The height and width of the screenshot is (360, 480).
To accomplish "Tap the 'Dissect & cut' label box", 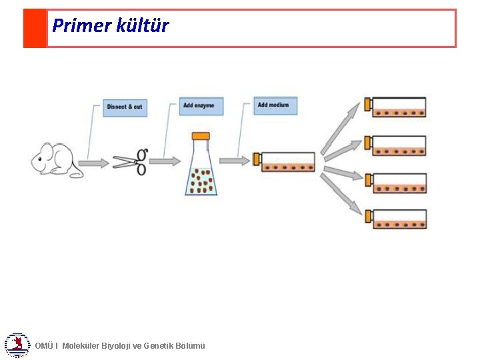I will (x=125, y=107).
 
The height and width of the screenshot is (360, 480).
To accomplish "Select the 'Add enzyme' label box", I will (x=201, y=106).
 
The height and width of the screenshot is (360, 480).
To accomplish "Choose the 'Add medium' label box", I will (x=275, y=105).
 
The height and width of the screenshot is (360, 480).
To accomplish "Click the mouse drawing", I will (x=57, y=159).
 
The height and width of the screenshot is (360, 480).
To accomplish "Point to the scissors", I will (x=130, y=161).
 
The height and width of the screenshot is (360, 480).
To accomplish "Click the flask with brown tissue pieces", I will (x=201, y=171).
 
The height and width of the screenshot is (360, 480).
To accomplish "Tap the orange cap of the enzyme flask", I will (x=201, y=136).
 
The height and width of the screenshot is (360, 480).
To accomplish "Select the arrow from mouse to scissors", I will (x=93, y=163).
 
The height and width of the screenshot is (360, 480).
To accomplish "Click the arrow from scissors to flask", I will (x=165, y=161).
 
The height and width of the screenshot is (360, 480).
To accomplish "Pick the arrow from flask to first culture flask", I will (x=235, y=161).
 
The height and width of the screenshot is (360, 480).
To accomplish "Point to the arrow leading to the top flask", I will (x=340, y=129).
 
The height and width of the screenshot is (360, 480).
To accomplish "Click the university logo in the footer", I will (x=16, y=345).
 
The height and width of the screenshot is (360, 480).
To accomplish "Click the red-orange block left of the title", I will (x=35, y=28).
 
